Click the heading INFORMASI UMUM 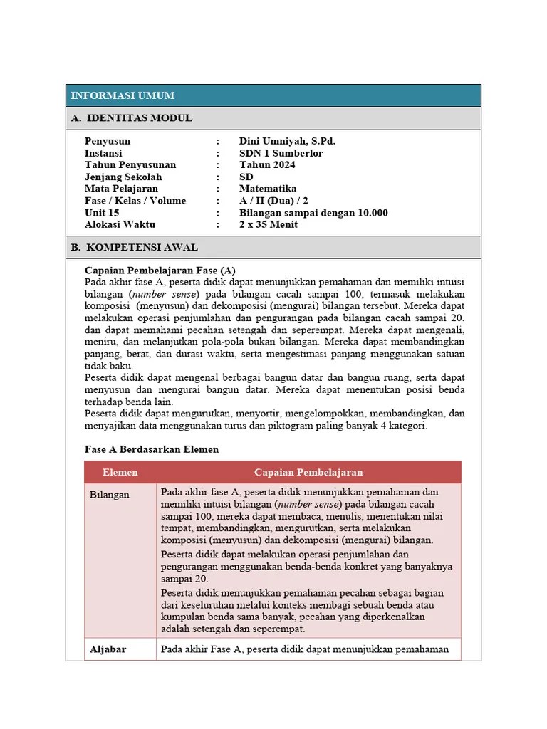click(123, 95)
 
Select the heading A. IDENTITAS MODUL click(132, 118)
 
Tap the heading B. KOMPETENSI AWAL click(135, 248)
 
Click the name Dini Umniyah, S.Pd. click(287, 141)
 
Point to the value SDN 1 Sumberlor click(281, 153)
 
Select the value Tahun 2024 click(267, 165)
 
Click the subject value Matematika click(268, 189)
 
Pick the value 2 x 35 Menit click(269, 224)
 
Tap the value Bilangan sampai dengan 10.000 click(313, 213)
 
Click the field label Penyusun click(108, 141)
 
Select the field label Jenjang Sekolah click(123, 177)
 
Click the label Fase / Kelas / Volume click(135, 201)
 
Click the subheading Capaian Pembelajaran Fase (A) click(160, 271)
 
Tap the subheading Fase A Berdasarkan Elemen click(152, 449)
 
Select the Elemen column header click(120, 472)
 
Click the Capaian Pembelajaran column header click(308, 472)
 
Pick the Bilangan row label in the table click(110, 495)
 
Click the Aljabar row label click(108, 649)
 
